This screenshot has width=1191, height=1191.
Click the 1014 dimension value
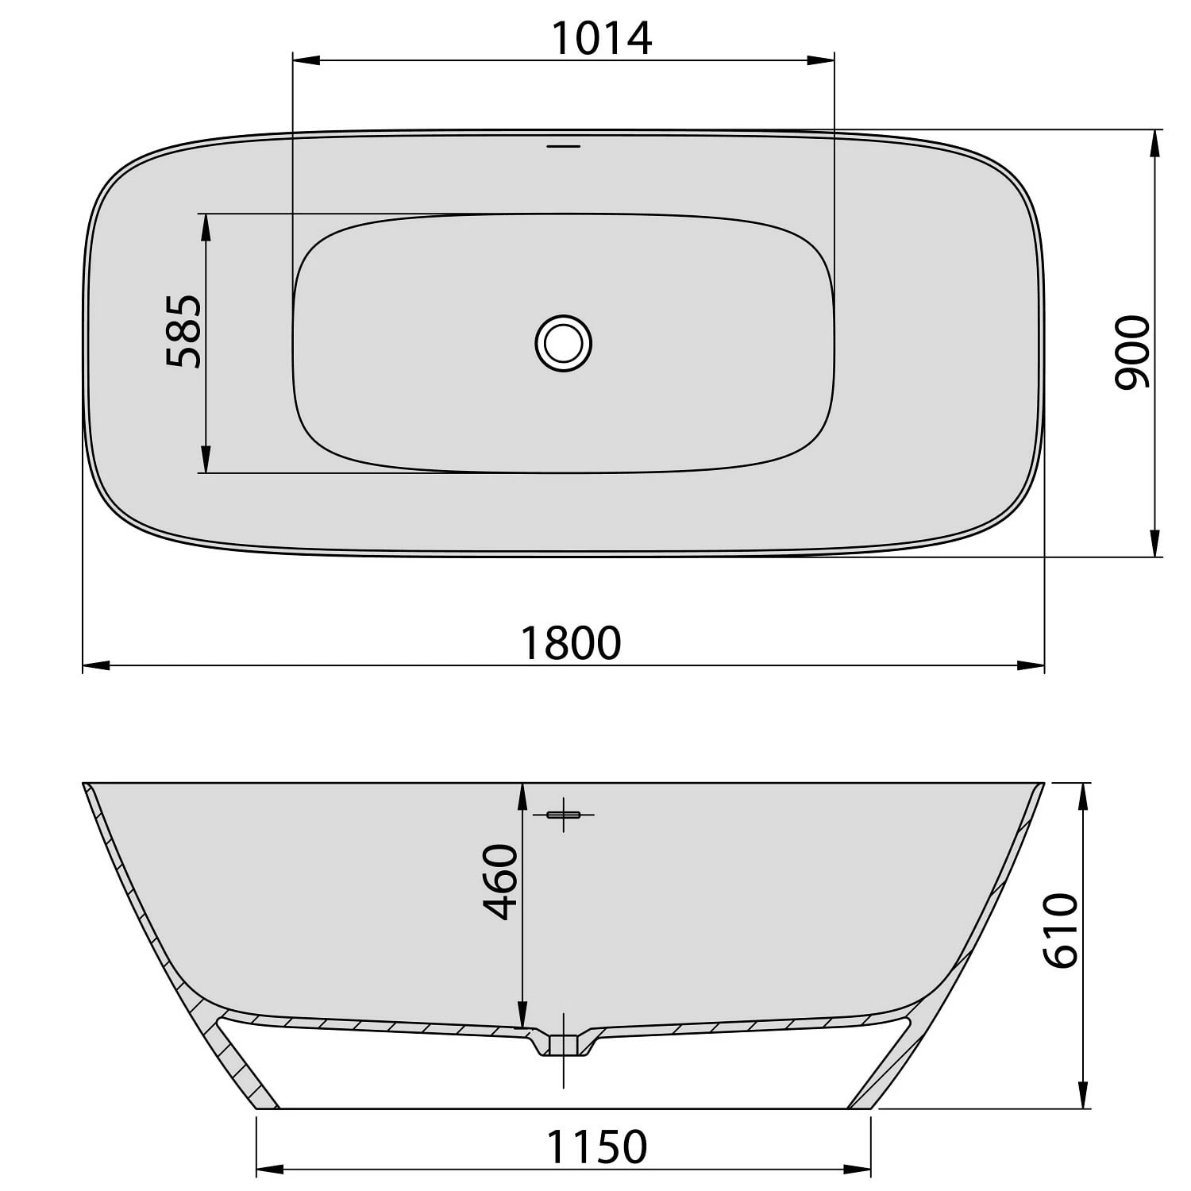point(602,38)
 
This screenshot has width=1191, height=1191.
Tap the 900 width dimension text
point(1131,352)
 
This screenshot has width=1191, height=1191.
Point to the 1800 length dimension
point(570,643)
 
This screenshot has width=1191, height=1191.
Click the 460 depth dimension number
point(501,881)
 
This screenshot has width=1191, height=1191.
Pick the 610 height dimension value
point(1061,930)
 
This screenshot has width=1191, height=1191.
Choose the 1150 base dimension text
point(596,1147)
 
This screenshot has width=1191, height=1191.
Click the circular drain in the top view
point(564,343)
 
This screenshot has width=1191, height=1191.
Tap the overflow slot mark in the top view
point(564,146)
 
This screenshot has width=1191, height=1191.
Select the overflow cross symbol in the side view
point(564,815)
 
